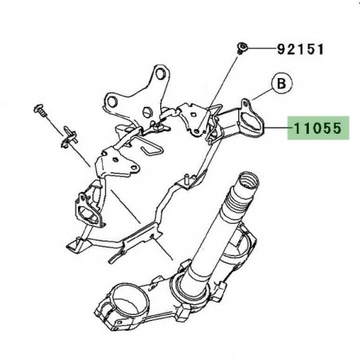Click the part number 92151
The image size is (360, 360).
pyautogui.click(x=300, y=49)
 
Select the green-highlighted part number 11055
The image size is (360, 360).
pyautogui.click(x=319, y=126)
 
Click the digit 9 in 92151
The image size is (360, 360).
pyautogui.click(x=280, y=49)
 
